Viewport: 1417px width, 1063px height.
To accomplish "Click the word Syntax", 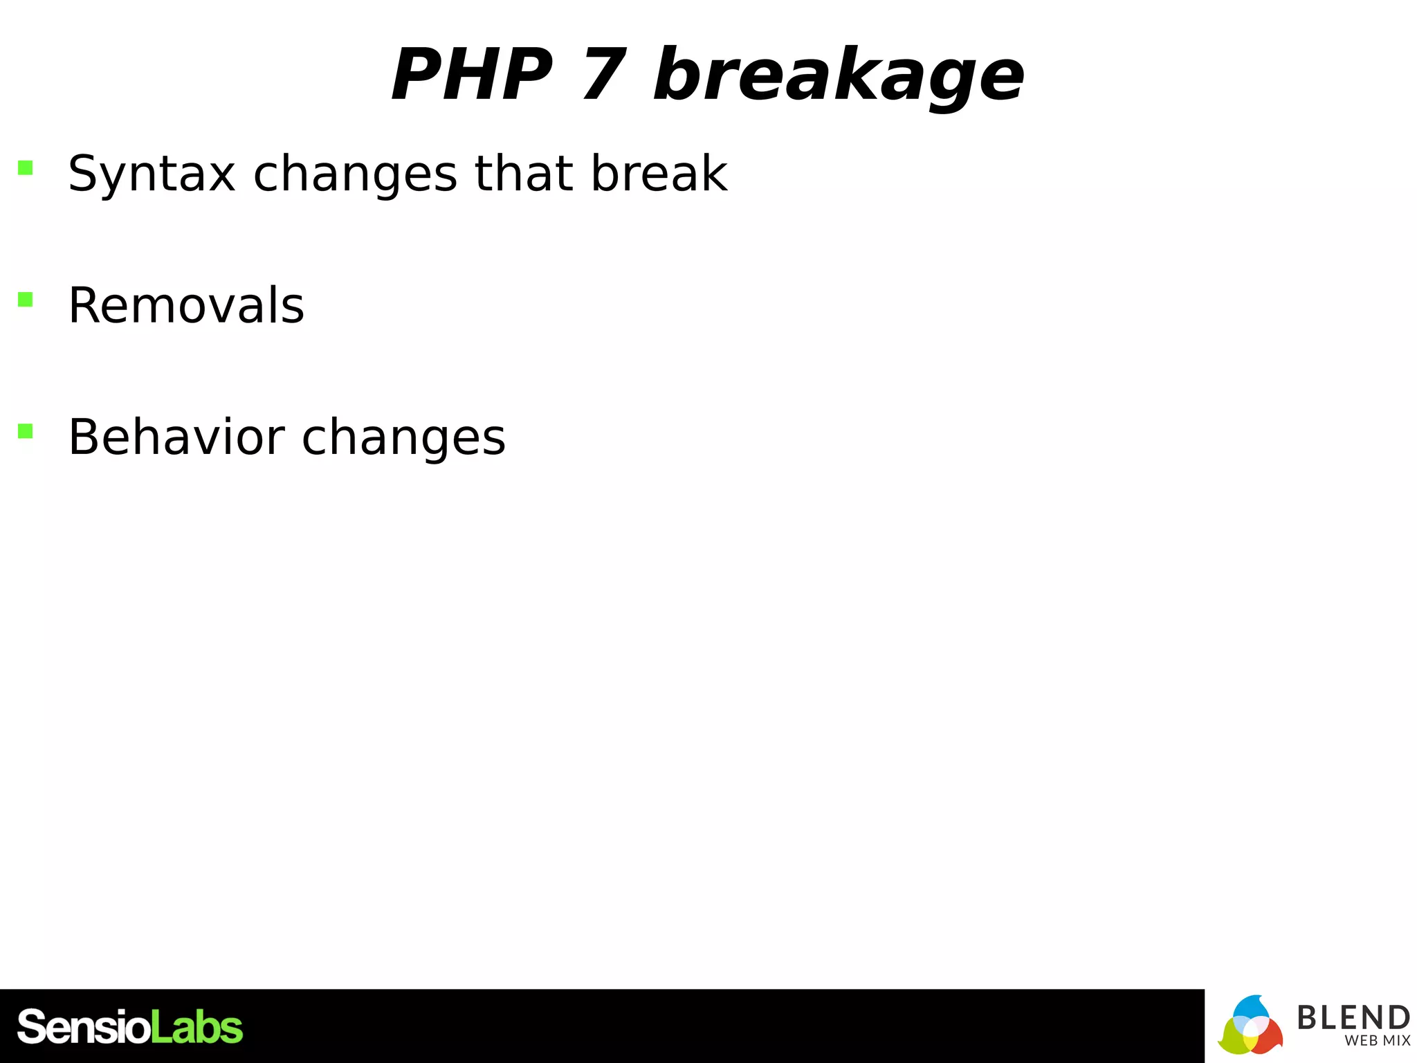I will click(152, 174).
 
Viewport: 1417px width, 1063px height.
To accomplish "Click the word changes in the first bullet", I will click(355, 174).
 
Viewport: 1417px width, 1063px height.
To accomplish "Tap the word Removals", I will click(186, 305).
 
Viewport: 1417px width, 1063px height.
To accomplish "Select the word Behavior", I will click(176, 437).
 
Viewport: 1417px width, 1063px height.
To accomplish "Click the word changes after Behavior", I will click(403, 439).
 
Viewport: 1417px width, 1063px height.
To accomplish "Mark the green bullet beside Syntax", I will click(26, 167).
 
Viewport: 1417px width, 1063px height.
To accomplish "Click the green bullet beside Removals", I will click(26, 299).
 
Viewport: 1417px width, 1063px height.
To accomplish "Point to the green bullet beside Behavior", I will click(26, 431).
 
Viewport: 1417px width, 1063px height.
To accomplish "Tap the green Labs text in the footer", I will click(196, 1027).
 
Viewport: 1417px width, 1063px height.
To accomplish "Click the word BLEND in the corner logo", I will click(1353, 1018).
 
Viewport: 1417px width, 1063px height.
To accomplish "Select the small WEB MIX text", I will click(1377, 1041).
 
